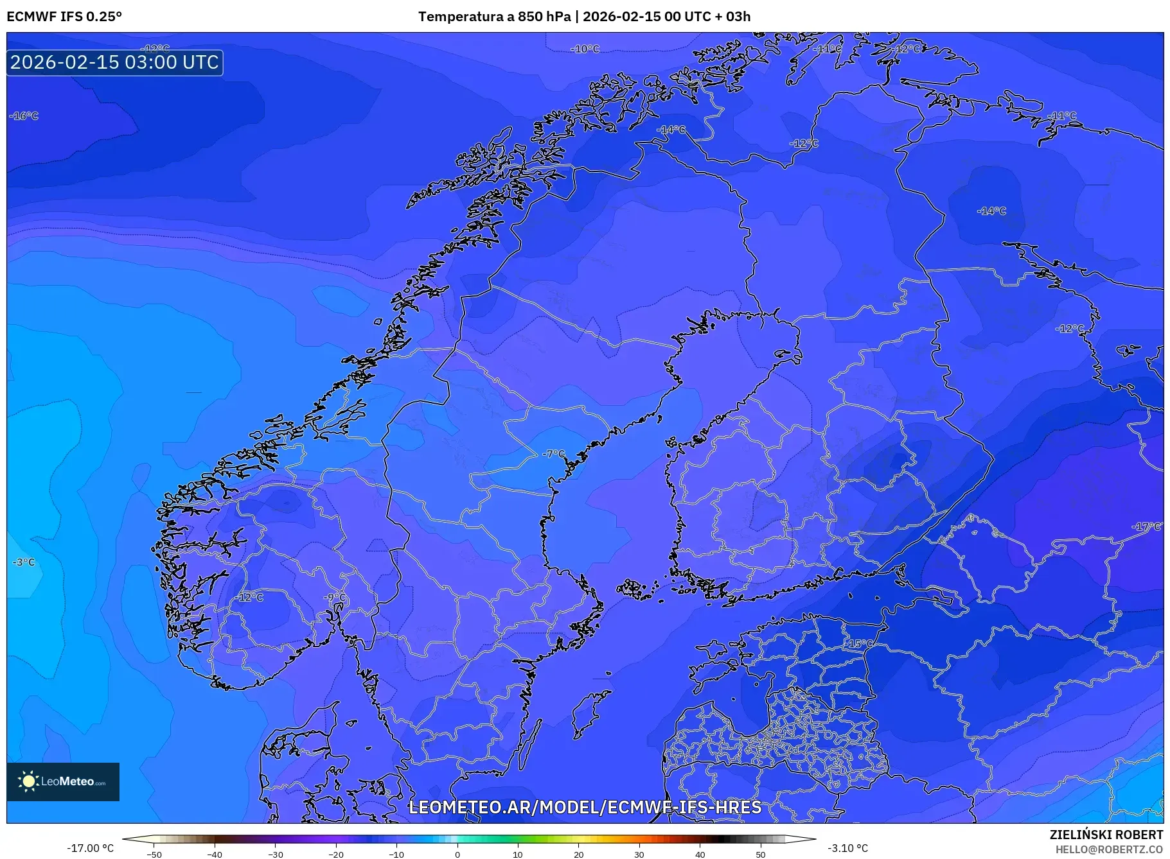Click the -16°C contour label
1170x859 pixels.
pos(24,116)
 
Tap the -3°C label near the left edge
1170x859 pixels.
pos(24,562)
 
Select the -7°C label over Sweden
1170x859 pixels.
pos(553,454)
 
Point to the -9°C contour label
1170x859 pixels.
pos(335,598)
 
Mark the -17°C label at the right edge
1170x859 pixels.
pos(1146,526)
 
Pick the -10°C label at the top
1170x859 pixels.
pos(585,49)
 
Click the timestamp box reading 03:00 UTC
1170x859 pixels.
pos(115,62)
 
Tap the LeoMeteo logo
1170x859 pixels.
pos(63,781)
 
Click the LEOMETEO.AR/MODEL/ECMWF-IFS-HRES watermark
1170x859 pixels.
pos(585,807)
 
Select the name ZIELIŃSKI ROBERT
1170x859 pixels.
pos(1106,835)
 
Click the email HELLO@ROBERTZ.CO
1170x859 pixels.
pos(1109,849)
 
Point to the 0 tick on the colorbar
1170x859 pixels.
pos(457,855)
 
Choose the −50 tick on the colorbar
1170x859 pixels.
pos(154,855)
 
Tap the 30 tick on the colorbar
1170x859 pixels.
pos(639,855)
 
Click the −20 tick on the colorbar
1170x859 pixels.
pos(335,855)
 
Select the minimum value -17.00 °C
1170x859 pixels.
pos(90,848)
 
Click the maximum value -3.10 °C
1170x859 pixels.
pos(847,848)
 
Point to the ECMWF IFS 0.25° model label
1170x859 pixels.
pos(64,17)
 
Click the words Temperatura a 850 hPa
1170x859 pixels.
pos(494,17)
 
